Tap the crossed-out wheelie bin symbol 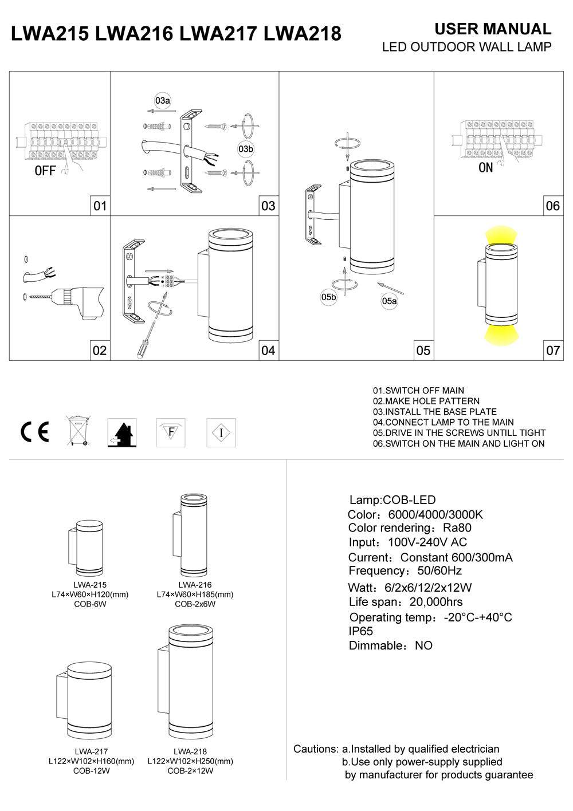[x=79, y=431]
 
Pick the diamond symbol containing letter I [x=221, y=432]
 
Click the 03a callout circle [x=163, y=101]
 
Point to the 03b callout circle [x=245, y=149]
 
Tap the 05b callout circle [x=328, y=297]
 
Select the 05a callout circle [x=390, y=301]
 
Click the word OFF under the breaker [x=45, y=171]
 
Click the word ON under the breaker [x=485, y=168]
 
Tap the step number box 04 [x=268, y=350]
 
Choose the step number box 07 [x=552, y=350]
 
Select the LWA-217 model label [x=91, y=751]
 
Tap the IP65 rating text [x=361, y=632]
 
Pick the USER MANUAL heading [x=493, y=29]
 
